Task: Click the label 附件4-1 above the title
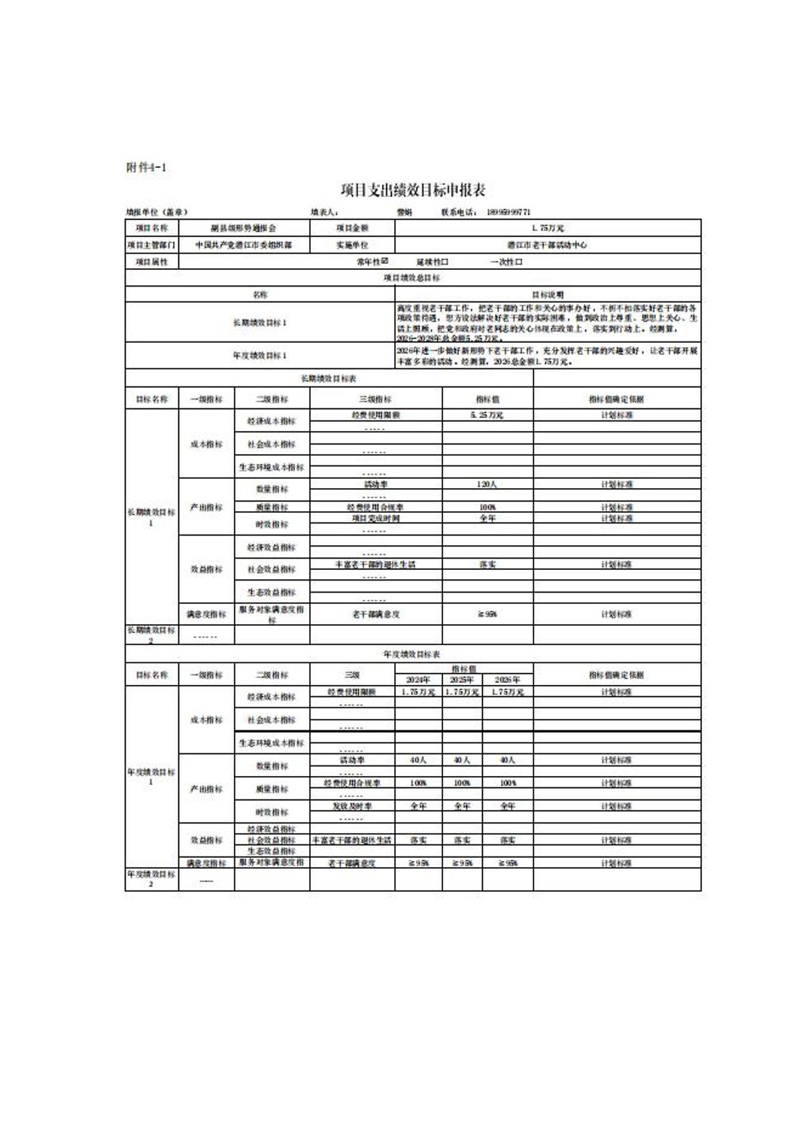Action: [146, 168]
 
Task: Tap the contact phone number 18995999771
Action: [509, 212]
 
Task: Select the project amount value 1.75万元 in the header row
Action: [547, 228]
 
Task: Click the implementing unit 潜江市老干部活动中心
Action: [547, 245]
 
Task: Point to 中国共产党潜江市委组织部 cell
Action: [243, 245]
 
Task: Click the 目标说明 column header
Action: [547, 295]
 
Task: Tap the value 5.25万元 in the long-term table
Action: [487, 415]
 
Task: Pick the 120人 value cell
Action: [487, 485]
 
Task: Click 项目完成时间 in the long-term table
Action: [375, 518]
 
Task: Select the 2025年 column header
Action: [462, 679]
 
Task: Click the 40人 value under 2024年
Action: [418, 760]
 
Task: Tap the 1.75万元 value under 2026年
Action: [508, 692]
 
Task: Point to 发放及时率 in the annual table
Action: [352, 806]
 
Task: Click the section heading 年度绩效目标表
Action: [412, 654]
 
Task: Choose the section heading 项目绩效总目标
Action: [412, 278]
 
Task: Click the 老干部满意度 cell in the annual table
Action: [352, 863]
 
